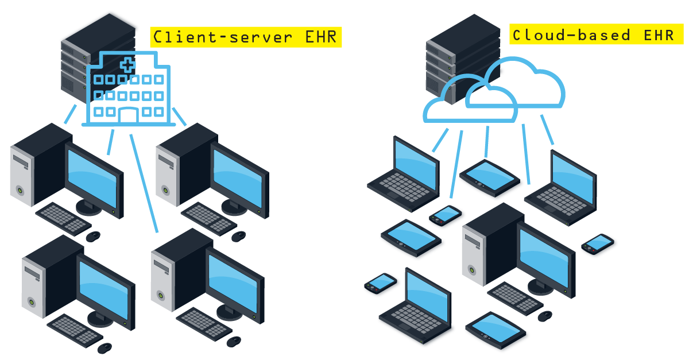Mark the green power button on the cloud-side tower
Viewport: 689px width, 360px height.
(x=472, y=268)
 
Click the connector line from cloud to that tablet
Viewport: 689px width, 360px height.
(x=487, y=141)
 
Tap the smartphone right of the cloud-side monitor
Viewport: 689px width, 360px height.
(x=598, y=243)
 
